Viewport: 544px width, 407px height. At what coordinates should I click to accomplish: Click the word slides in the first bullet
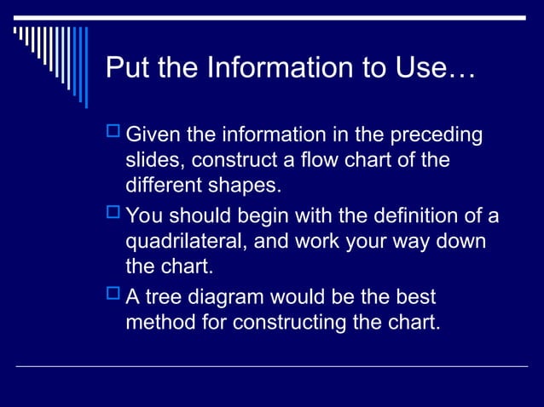[155, 160]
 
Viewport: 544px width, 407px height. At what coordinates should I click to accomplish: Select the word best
[415, 298]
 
